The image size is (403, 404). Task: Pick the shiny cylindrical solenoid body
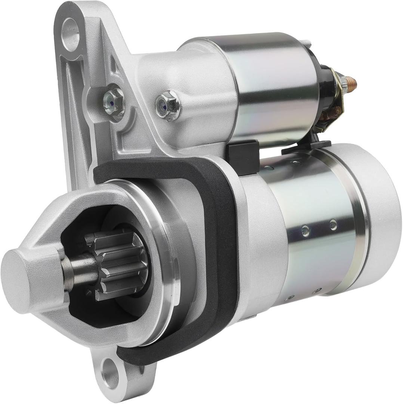point(273,86)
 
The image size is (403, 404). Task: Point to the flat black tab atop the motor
point(307,147)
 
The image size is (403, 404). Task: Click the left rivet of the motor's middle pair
point(305,231)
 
